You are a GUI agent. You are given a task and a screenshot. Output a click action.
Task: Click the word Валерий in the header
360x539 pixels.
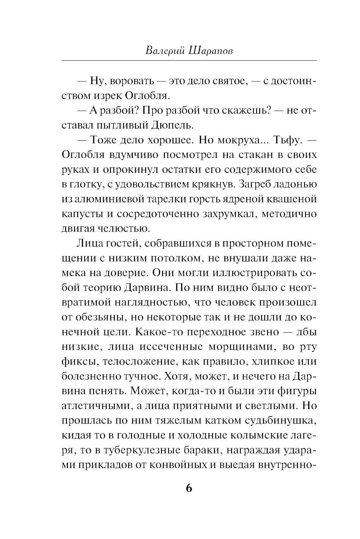[x=164, y=50]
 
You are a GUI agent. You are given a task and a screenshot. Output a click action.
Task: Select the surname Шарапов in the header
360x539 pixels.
[x=210, y=50]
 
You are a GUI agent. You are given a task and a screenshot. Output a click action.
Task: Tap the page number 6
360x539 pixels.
[x=189, y=489]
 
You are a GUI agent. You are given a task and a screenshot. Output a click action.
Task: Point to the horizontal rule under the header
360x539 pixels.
[x=189, y=60]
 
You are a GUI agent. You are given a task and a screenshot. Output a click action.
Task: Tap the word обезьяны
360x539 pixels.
[x=101, y=317]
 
